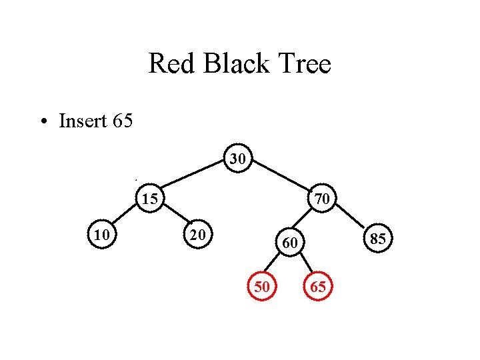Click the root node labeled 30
[x=238, y=159]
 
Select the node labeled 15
[x=150, y=199]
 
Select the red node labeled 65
[x=317, y=287]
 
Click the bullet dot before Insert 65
[x=43, y=122]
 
